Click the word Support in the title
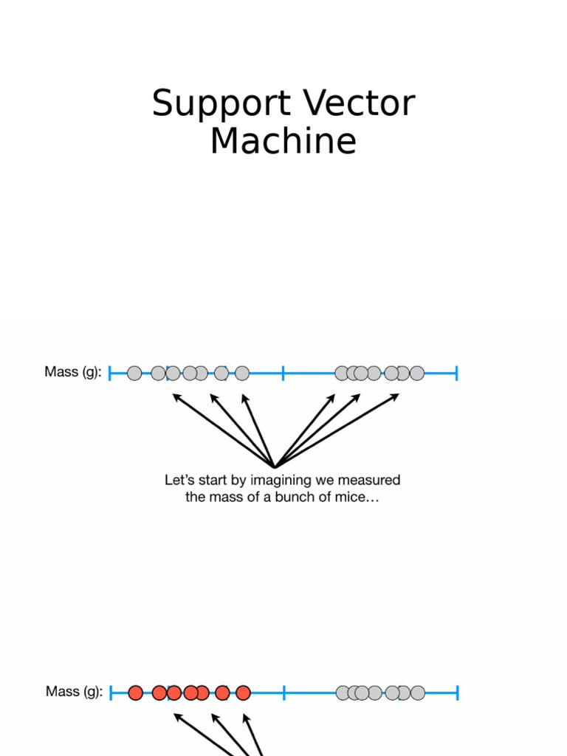pos(200,104)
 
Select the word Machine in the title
pos(283,141)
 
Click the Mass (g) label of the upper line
pos(72,372)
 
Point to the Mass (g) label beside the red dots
pos(74,692)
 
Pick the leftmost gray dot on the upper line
pos(134,374)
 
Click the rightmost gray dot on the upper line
pos(417,374)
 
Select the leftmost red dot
pos(135,693)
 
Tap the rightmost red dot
pos(243,693)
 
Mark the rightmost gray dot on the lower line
pos(418,693)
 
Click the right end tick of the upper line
pos(457,373)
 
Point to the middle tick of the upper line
pos(283,373)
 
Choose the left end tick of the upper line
pos(110,373)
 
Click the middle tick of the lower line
pos(284,693)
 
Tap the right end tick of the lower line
pos(458,693)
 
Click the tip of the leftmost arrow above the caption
pos(174,395)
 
